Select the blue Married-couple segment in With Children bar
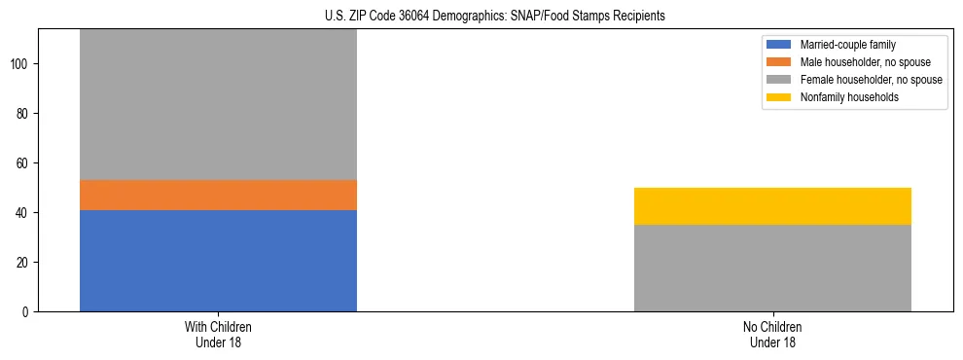click(x=218, y=261)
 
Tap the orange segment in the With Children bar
click(x=218, y=196)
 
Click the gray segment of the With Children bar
click(x=218, y=105)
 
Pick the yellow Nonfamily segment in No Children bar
click(x=772, y=206)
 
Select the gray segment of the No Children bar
click(x=772, y=269)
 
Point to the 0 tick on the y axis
click(x=27, y=312)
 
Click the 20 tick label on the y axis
click(x=24, y=263)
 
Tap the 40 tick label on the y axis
click(x=24, y=213)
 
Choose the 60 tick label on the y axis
click(x=24, y=163)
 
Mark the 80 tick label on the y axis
click(x=24, y=114)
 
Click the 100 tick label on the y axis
click(x=21, y=64)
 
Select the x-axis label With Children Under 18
click(x=218, y=334)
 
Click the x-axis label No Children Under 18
click(x=772, y=334)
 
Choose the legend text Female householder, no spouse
click(x=871, y=80)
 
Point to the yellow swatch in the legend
click(x=779, y=97)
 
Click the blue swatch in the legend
click(x=779, y=45)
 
